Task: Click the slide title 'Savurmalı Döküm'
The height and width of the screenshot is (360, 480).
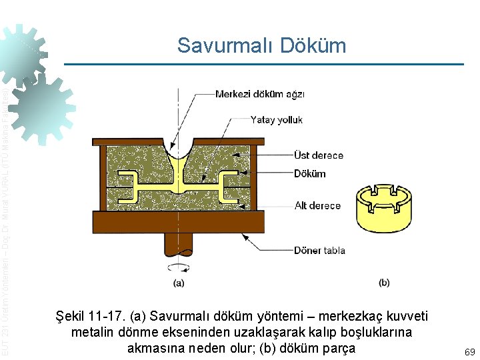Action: (x=261, y=45)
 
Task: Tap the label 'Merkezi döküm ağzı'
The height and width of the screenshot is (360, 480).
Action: (x=259, y=94)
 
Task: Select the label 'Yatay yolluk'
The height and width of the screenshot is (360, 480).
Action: (x=276, y=120)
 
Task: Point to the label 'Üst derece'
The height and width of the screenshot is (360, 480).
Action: (x=319, y=155)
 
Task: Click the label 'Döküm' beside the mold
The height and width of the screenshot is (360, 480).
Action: (x=310, y=173)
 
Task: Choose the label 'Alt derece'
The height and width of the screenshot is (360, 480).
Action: (x=317, y=205)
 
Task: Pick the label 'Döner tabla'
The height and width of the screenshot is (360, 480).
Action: (x=319, y=250)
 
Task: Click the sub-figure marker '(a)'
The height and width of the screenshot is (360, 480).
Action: (x=179, y=283)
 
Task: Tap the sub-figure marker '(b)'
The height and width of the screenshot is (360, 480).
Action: (x=384, y=282)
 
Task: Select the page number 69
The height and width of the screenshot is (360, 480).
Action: (x=469, y=351)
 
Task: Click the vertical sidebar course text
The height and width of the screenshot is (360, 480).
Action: (x=6, y=220)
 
